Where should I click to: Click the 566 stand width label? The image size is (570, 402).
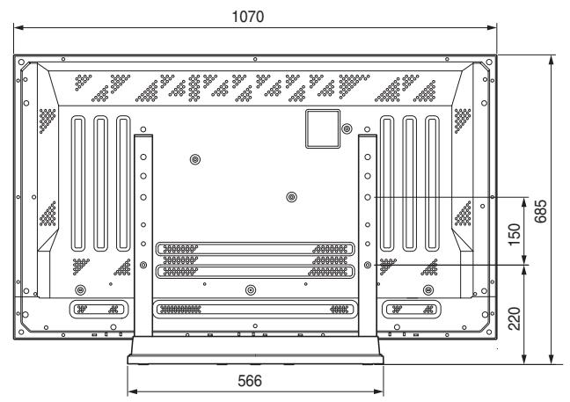tap(256, 380)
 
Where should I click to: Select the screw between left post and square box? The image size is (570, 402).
tap(194, 159)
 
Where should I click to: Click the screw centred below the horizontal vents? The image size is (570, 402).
tap(251, 289)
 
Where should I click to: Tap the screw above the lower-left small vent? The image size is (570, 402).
tap(80, 289)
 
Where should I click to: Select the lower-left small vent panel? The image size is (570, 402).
tap(94, 309)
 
